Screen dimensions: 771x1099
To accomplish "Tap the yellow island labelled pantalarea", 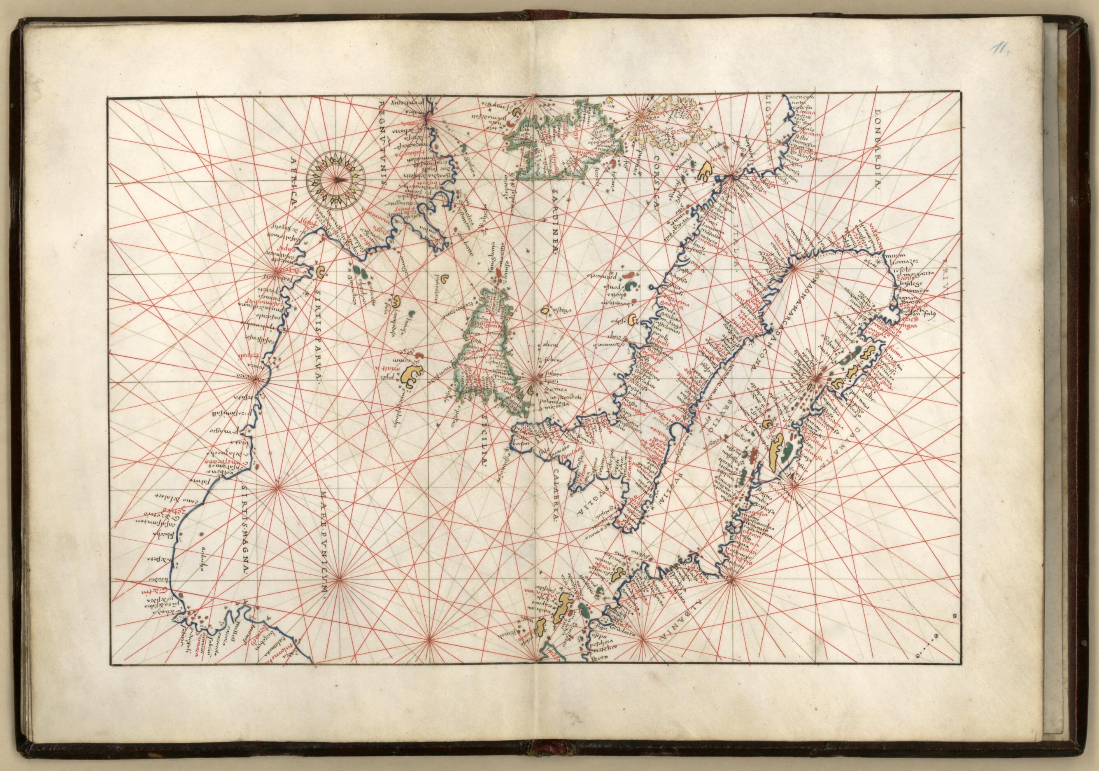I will pos(445,277).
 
